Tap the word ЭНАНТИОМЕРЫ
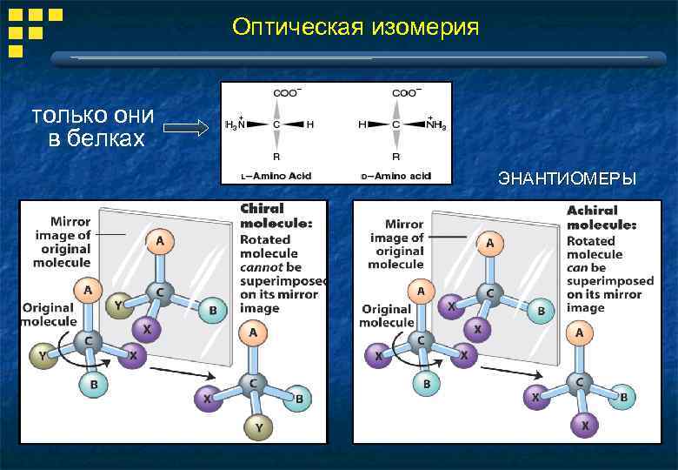pos(567,179)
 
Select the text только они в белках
pos(93,126)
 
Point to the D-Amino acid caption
pos(395,177)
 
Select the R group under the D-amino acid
pos(395,158)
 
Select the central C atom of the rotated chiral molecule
pos(253,384)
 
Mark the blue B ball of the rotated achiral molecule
pos(624,397)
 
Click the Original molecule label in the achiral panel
pos(387,315)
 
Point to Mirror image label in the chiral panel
pos(63,242)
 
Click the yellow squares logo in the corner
pos(34,27)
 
